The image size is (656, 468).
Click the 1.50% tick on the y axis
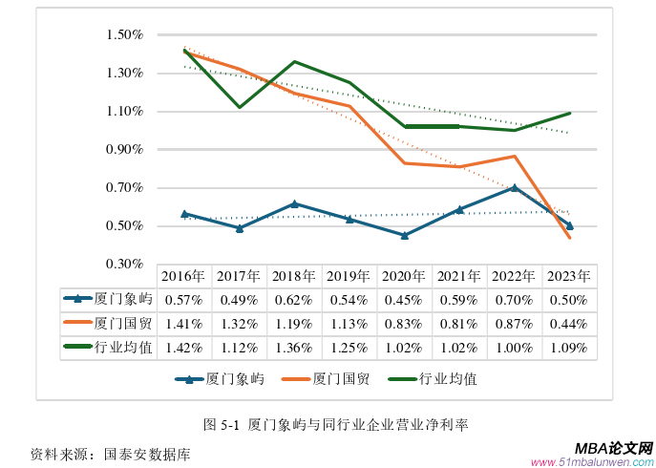pos(124,35)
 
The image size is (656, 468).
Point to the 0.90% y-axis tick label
pos(124,150)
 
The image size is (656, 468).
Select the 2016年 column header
pos(183,276)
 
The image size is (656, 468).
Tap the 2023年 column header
pos(569,276)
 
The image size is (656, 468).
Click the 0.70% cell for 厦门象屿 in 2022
pos(514,300)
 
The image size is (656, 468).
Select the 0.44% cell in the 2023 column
pos(569,324)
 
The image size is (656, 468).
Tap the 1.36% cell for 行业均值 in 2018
pos(293,348)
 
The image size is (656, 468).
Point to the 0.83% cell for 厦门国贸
pos(404,324)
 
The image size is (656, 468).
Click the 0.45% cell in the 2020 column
pos(404,300)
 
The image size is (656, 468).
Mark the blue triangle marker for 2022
pos(515,187)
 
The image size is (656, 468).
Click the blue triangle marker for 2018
pos(294,203)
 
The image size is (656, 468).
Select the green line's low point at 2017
pos(239,107)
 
